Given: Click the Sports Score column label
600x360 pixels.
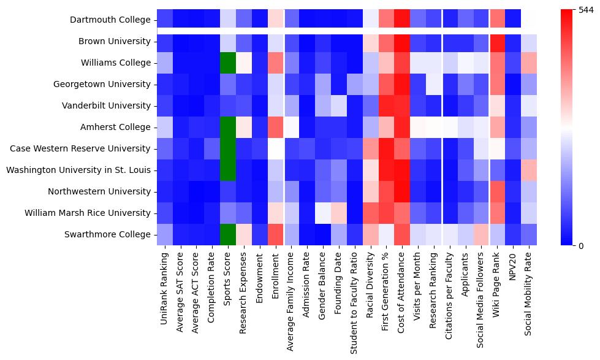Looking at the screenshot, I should [228, 283].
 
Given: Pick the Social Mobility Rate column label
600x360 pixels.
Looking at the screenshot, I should [529, 294].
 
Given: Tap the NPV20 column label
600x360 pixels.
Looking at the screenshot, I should [513, 267].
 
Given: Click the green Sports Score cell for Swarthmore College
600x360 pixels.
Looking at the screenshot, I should [228, 234].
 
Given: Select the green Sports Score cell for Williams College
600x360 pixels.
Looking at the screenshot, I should [228, 63].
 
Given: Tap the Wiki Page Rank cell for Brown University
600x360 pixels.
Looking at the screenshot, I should [497, 41].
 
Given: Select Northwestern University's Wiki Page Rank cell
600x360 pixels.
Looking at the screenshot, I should [497, 191].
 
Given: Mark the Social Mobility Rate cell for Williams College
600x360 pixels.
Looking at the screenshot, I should [529, 63].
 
